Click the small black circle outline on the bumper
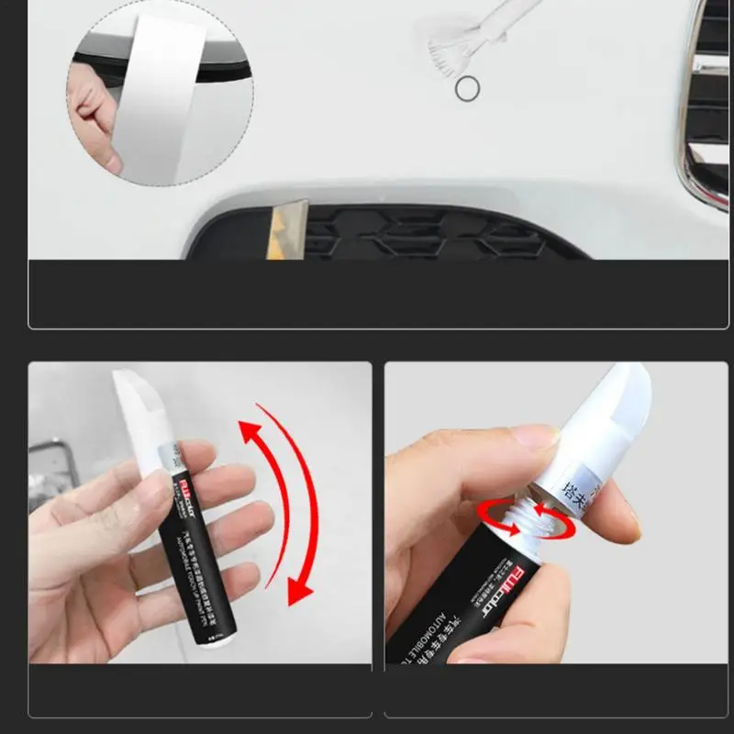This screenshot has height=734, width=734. pyautogui.click(x=467, y=89)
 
